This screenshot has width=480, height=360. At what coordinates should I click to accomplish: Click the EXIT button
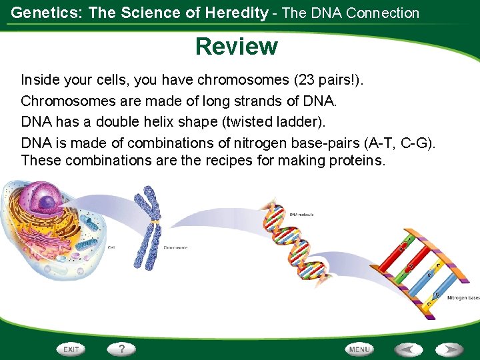[71, 349]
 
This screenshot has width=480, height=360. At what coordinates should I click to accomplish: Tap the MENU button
[359, 349]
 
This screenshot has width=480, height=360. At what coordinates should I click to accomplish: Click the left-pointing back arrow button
[407, 349]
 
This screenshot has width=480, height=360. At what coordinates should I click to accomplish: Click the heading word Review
[237, 47]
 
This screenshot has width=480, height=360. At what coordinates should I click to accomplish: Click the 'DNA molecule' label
[301, 215]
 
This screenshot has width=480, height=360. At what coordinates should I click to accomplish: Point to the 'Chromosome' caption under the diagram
[175, 248]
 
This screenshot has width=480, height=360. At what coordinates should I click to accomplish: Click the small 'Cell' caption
[111, 247]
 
